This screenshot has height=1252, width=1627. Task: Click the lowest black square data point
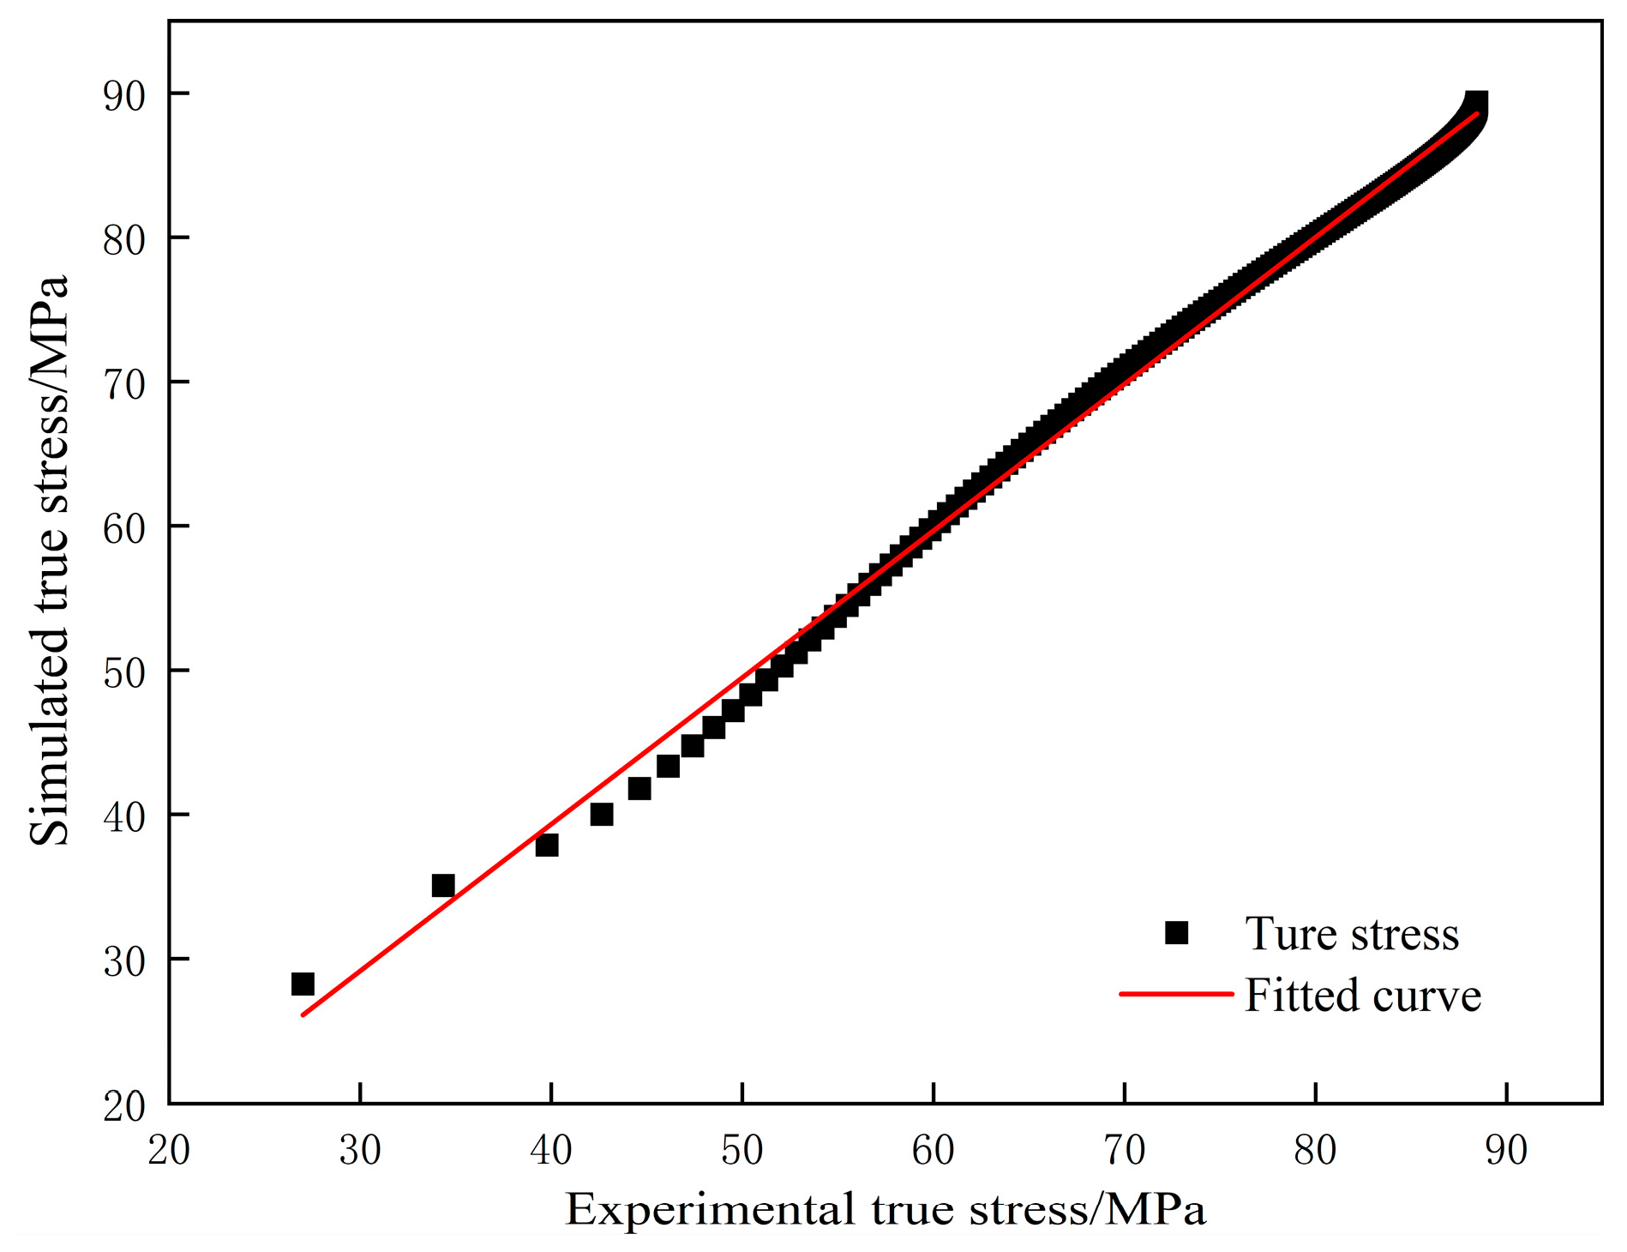click(x=303, y=984)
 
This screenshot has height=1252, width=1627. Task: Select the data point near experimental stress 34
click(x=443, y=885)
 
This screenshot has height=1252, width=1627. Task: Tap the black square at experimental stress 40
click(x=547, y=846)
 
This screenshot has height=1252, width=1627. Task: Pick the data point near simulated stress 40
click(x=602, y=814)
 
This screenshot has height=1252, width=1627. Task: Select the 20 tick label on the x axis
click(x=169, y=1151)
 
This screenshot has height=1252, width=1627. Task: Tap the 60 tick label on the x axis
click(x=933, y=1151)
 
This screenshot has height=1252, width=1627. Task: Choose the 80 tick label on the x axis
click(x=1315, y=1151)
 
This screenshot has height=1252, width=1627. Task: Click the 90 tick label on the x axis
click(x=1506, y=1151)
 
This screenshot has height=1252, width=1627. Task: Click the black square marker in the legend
click(x=1177, y=933)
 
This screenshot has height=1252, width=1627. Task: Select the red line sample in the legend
click(x=1175, y=995)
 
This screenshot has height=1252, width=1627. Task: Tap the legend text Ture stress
click(x=1352, y=934)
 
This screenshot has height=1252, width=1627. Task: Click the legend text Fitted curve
click(x=1362, y=996)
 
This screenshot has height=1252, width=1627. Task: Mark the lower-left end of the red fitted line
click(x=303, y=1014)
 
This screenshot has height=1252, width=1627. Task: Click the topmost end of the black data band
click(x=1476, y=101)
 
